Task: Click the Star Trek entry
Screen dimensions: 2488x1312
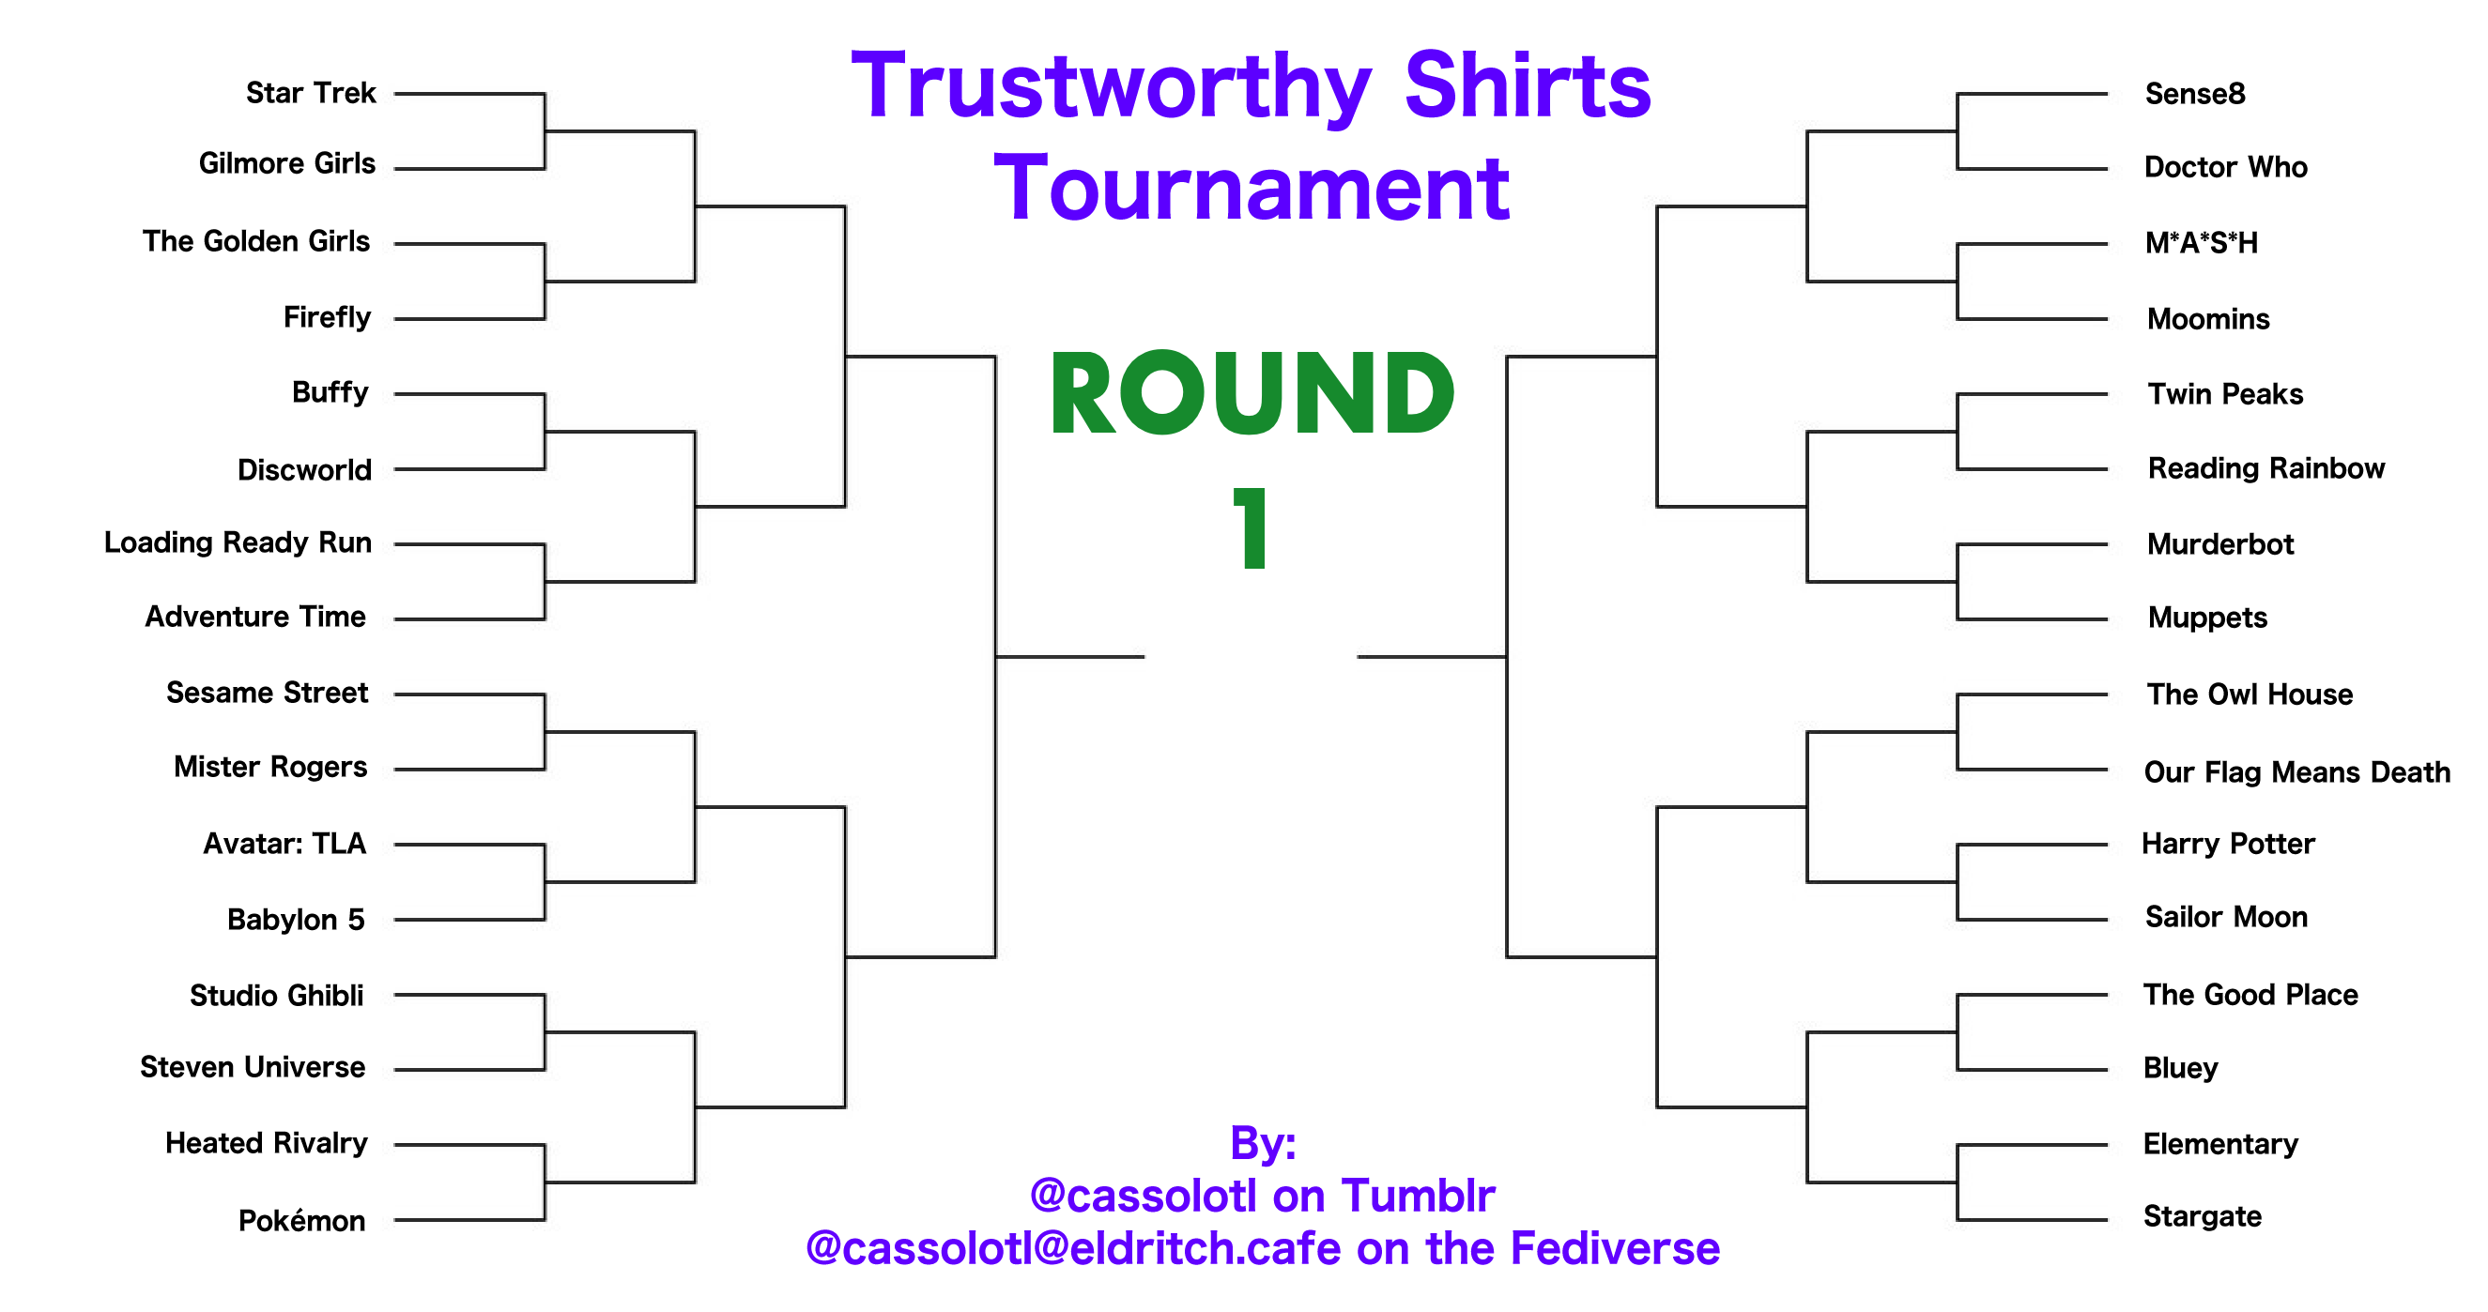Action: pos(310,93)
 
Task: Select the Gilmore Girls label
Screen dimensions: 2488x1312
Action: pos(287,163)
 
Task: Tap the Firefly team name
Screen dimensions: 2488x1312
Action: pos(327,317)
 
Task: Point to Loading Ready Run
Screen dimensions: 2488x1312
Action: pos(238,542)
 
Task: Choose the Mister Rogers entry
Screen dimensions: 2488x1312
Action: pos(270,767)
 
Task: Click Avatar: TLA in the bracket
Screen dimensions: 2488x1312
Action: pos(284,844)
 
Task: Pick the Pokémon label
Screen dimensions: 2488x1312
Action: pos(301,1220)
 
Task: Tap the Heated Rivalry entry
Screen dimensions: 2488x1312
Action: pos(267,1143)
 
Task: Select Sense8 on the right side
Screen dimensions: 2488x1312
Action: pos(2194,94)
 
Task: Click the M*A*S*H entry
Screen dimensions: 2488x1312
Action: pos(2201,242)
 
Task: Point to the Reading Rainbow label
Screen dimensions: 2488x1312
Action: pos(2265,469)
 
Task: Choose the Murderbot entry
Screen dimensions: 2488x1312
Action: pos(2219,544)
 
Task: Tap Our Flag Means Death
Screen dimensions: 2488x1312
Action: pos(2296,772)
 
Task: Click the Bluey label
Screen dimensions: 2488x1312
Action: pos(2180,1068)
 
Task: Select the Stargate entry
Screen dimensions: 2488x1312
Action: pos(2202,1216)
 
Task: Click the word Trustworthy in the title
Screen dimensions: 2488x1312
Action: pos(1111,89)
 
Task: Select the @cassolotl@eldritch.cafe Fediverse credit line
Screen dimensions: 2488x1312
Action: pos(1263,1248)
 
